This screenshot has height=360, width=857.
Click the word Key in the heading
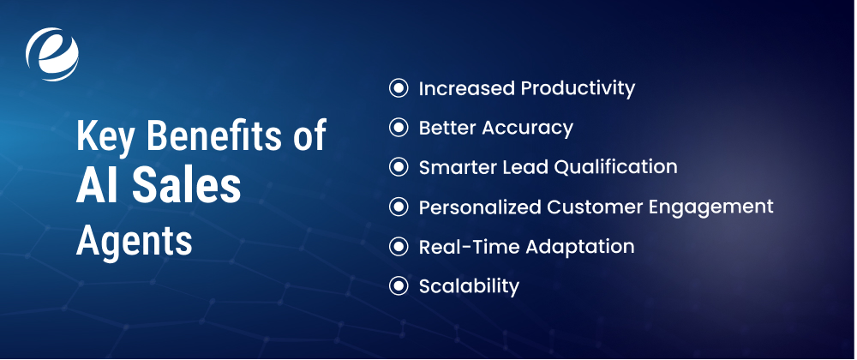[101, 138]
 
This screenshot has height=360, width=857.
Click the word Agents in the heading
[134, 242]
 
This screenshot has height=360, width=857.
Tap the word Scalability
[469, 286]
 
